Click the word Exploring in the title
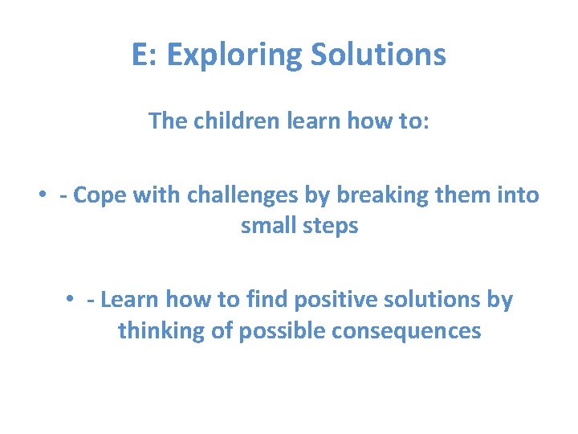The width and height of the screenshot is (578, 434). pos(234,55)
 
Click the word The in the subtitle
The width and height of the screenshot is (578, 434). pos(167,121)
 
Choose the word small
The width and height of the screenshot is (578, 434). pos(270,226)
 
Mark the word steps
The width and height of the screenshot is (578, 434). pos(332,226)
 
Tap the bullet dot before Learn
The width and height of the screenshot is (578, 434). pos(72,301)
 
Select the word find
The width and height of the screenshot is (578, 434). pos(267,300)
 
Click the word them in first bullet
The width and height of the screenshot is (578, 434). pos(466,195)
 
